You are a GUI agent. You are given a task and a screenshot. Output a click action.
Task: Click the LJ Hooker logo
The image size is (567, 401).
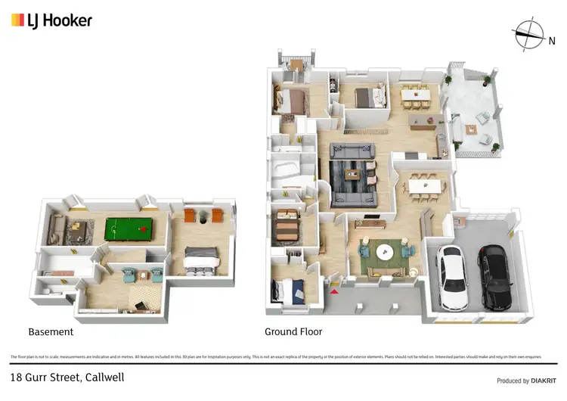pos(51,20)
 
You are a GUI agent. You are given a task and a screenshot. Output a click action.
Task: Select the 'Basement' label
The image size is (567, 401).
pos(51,331)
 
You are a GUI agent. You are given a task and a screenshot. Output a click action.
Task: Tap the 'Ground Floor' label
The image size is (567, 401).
pos(293,331)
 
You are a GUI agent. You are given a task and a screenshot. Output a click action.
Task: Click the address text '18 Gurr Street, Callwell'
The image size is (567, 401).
pos(67,377)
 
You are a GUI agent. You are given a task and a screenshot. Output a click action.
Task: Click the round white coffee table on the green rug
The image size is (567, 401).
pos(386,253)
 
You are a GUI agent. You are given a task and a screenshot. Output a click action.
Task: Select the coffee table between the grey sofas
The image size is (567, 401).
pos(352,175)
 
